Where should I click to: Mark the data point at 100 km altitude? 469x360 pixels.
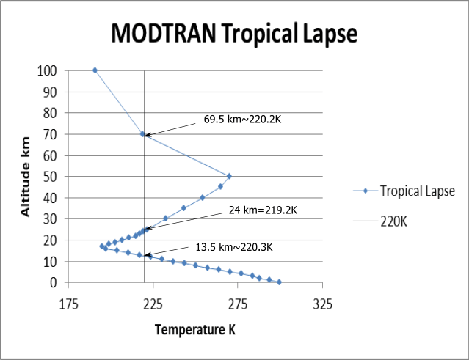click(x=95, y=70)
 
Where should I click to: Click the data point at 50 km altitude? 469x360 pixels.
click(x=229, y=176)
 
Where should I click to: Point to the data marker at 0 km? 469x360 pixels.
click(x=279, y=282)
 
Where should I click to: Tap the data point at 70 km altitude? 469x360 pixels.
click(x=143, y=134)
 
